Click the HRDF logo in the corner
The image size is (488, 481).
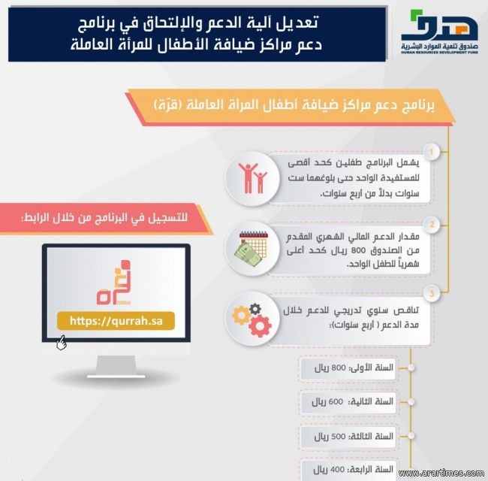click(x=439, y=32)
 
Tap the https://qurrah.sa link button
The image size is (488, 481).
click(x=116, y=321)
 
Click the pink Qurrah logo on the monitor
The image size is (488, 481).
click(x=113, y=283)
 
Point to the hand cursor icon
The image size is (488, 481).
click(x=62, y=343)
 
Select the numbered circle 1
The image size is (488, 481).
click(x=432, y=152)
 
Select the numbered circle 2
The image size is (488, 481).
click(x=432, y=224)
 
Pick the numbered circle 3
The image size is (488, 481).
click(x=432, y=293)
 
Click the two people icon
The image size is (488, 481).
click(x=252, y=178)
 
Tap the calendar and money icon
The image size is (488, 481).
click(x=252, y=248)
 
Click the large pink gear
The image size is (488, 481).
click(x=260, y=326)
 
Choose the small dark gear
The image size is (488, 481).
click(x=255, y=309)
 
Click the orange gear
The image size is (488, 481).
click(x=241, y=315)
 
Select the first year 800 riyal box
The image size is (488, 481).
click(x=348, y=368)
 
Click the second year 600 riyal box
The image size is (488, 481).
click(x=348, y=402)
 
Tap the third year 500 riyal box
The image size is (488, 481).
click(x=348, y=436)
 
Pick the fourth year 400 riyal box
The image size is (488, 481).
click(x=348, y=470)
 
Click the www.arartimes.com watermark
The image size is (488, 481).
click(x=441, y=473)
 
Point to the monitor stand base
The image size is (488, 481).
click(x=116, y=376)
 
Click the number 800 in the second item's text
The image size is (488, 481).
click(x=357, y=251)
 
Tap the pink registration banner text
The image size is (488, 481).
click(x=104, y=218)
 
